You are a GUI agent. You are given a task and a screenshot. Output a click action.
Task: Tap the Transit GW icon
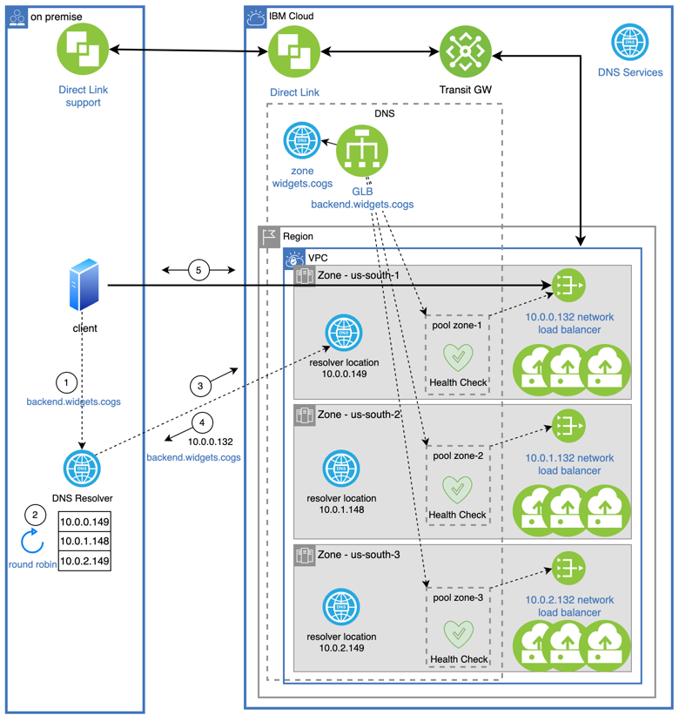[x=466, y=51]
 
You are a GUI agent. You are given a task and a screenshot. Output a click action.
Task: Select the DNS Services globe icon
[x=629, y=42]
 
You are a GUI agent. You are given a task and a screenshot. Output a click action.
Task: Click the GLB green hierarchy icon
[x=361, y=153]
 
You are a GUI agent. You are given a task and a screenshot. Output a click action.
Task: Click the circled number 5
[x=198, y=271]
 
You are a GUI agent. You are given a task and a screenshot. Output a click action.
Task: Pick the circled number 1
[x=67, y=381]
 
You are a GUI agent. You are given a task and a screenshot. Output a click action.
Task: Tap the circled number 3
[x=199, y=385]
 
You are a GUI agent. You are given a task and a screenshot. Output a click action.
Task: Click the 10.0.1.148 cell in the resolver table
[x=85, y=542]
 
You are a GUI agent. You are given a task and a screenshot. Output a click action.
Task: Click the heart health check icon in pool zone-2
[x=458, y=489]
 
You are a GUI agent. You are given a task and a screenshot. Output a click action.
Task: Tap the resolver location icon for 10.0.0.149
[x=343, y=334]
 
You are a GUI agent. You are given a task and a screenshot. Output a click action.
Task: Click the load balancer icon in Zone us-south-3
[x=568, y=569]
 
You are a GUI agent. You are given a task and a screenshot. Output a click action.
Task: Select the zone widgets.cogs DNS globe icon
[x=302, y=139]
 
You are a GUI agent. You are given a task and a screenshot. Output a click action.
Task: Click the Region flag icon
[x=269, y=236]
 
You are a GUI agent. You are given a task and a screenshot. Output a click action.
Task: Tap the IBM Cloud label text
[x=292, y=16]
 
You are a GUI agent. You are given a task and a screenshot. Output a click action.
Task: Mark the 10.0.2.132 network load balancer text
[x=569, y=606]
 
